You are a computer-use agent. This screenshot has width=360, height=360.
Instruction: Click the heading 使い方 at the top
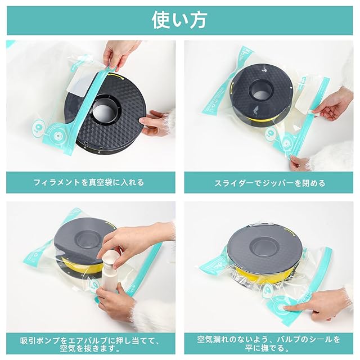[x=179, y=20]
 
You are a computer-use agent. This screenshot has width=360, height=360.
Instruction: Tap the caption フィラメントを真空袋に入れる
[x=89, y=182]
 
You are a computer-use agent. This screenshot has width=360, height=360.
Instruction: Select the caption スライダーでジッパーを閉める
[x=270, y=183]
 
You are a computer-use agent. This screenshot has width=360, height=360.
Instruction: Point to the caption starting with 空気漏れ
[x=268, y=344]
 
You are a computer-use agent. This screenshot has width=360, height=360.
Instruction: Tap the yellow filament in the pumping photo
[x=81, y=266]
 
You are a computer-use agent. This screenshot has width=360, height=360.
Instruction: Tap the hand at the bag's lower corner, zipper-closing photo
[x=299, y=162]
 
